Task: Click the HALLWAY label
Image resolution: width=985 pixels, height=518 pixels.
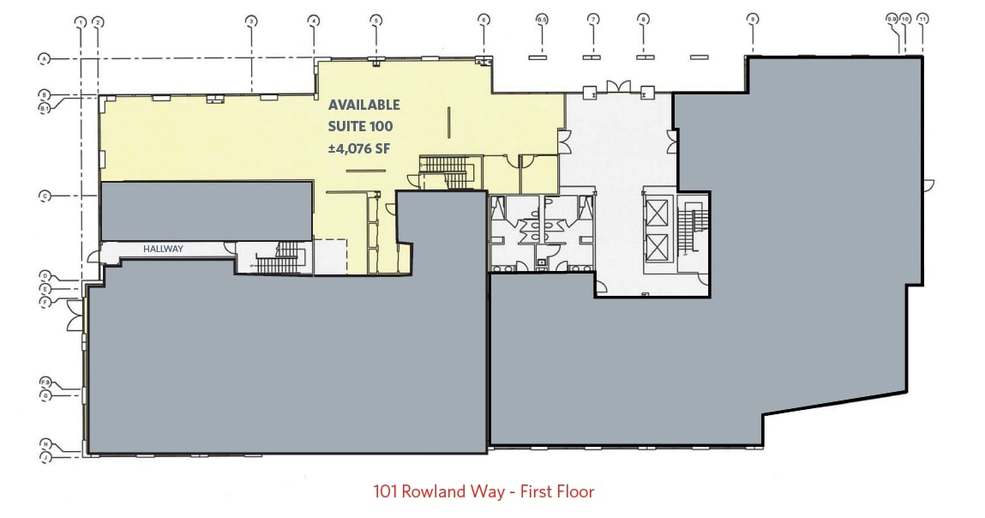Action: pos(163,250)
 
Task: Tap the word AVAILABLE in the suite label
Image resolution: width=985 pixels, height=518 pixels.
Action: pos(364,105)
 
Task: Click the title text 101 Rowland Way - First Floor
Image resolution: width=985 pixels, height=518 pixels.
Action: pos(483,491)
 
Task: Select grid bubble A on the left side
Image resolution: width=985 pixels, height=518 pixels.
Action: pos(42,58)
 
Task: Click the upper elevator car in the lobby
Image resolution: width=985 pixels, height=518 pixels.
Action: pos(657,211)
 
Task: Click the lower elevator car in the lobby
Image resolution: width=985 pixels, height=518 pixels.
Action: pos(657,246)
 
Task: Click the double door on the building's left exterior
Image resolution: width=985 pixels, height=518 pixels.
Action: pos(75,317)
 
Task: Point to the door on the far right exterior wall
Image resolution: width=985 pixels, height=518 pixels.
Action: pos(928,184)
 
